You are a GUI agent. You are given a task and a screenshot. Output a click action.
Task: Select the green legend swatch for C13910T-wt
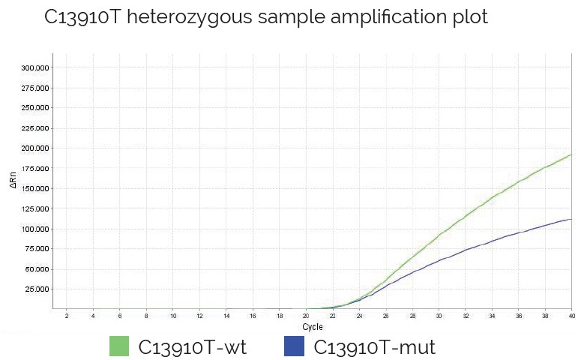pyautogui.click(x=120, y=346)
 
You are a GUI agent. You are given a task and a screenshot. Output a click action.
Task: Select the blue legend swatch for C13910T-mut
pyautogui.click(x=294, y=346)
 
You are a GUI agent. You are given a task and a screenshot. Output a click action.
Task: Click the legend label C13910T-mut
pyautogui.click(x=374, y=346)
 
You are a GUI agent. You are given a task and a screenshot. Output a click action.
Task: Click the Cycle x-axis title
pyautogui.click(x=313, y=328)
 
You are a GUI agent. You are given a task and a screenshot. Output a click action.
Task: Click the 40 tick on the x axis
pyautogui.click(x=572, y=316)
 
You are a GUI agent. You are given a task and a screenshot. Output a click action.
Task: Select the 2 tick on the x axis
pyautogui.click(x=67, y=316)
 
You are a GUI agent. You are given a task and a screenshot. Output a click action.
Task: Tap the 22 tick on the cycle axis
pyautogui.click(x=333, y=316)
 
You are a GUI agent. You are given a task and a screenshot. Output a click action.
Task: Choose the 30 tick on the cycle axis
pyautogui.click(x=439, y=316)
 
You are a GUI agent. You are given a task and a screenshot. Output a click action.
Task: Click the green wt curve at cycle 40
pyautogui.click(x=571, y=155)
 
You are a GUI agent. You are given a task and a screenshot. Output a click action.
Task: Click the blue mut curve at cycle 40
pyautogui.click(x=571, y=219)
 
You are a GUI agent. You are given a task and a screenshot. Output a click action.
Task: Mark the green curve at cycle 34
pyautogui.click(x=492, y=197)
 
